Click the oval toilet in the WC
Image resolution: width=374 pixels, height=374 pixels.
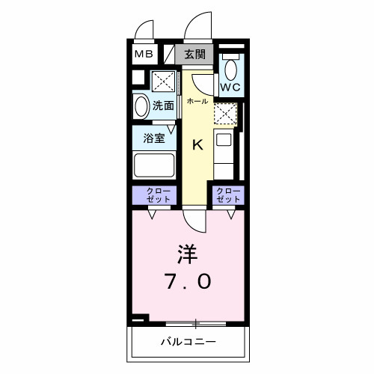click(230, 70)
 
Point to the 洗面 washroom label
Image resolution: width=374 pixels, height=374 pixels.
click(163, 105)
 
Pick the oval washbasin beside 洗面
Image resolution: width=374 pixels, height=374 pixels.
click(141, 105)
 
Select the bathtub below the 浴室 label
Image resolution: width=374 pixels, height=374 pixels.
click(154, 163)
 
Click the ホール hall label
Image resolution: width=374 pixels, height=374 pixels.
click(197, 101)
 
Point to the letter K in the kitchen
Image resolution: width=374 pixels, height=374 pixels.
click(198, 145)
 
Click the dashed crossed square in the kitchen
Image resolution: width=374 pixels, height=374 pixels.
click(224, 112)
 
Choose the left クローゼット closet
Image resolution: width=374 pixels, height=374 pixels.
click(154, 195)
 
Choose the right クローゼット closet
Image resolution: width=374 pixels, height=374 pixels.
click(228, 195)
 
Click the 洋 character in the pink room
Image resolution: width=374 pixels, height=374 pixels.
click(187, 254)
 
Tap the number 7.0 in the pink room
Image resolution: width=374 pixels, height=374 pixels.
click(188, 281)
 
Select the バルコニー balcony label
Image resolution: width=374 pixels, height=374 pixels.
click(188, 342)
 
